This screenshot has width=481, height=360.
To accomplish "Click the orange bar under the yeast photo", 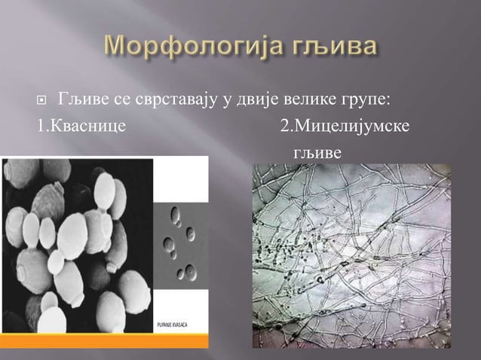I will tap(106, 340).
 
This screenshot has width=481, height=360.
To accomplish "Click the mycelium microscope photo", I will tap(351, 256).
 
